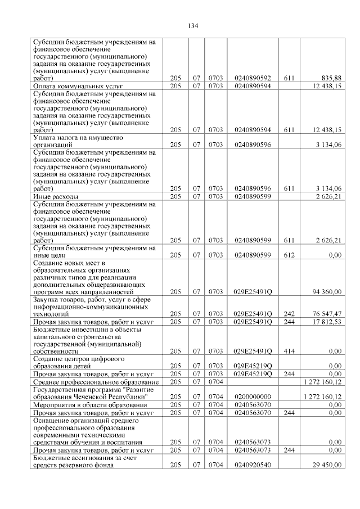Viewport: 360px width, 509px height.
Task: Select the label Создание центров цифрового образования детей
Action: [79, 362]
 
